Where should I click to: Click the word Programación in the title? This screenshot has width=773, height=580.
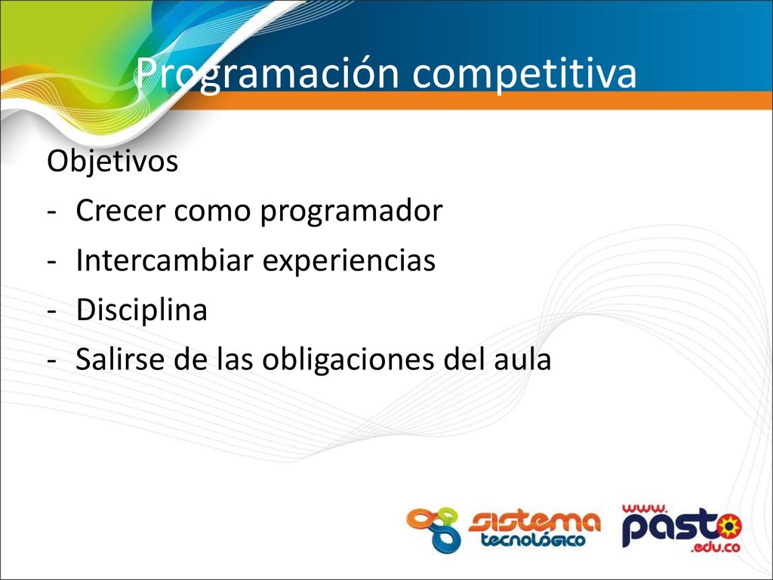(266, 74)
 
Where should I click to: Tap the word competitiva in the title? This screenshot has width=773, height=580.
(525, 74)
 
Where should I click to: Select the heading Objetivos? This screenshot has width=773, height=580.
(112, 161)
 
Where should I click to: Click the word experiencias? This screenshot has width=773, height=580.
(349, 261)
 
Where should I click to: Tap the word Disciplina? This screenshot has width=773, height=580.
(141, 310)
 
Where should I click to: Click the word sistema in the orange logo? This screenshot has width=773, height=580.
(534, 523)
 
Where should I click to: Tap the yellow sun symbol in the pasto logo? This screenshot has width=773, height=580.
(728, 526)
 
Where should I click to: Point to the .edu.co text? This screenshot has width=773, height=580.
(716, 547)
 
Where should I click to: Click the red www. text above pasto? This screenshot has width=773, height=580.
(645, 509)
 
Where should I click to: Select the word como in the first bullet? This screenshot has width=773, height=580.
(212, 212)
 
